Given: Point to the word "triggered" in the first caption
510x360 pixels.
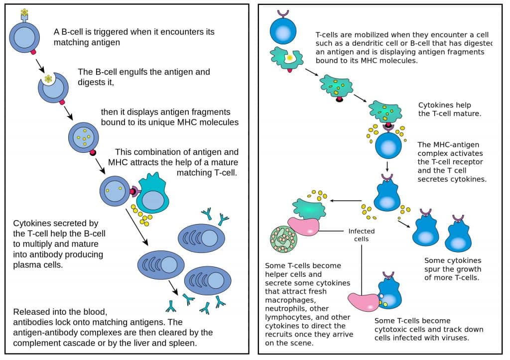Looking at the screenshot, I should point(110,32).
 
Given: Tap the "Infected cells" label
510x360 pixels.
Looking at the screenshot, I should point(362,235).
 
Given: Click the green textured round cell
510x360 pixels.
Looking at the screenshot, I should point(283,240).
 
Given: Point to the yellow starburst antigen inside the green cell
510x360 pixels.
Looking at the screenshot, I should point(289,58).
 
